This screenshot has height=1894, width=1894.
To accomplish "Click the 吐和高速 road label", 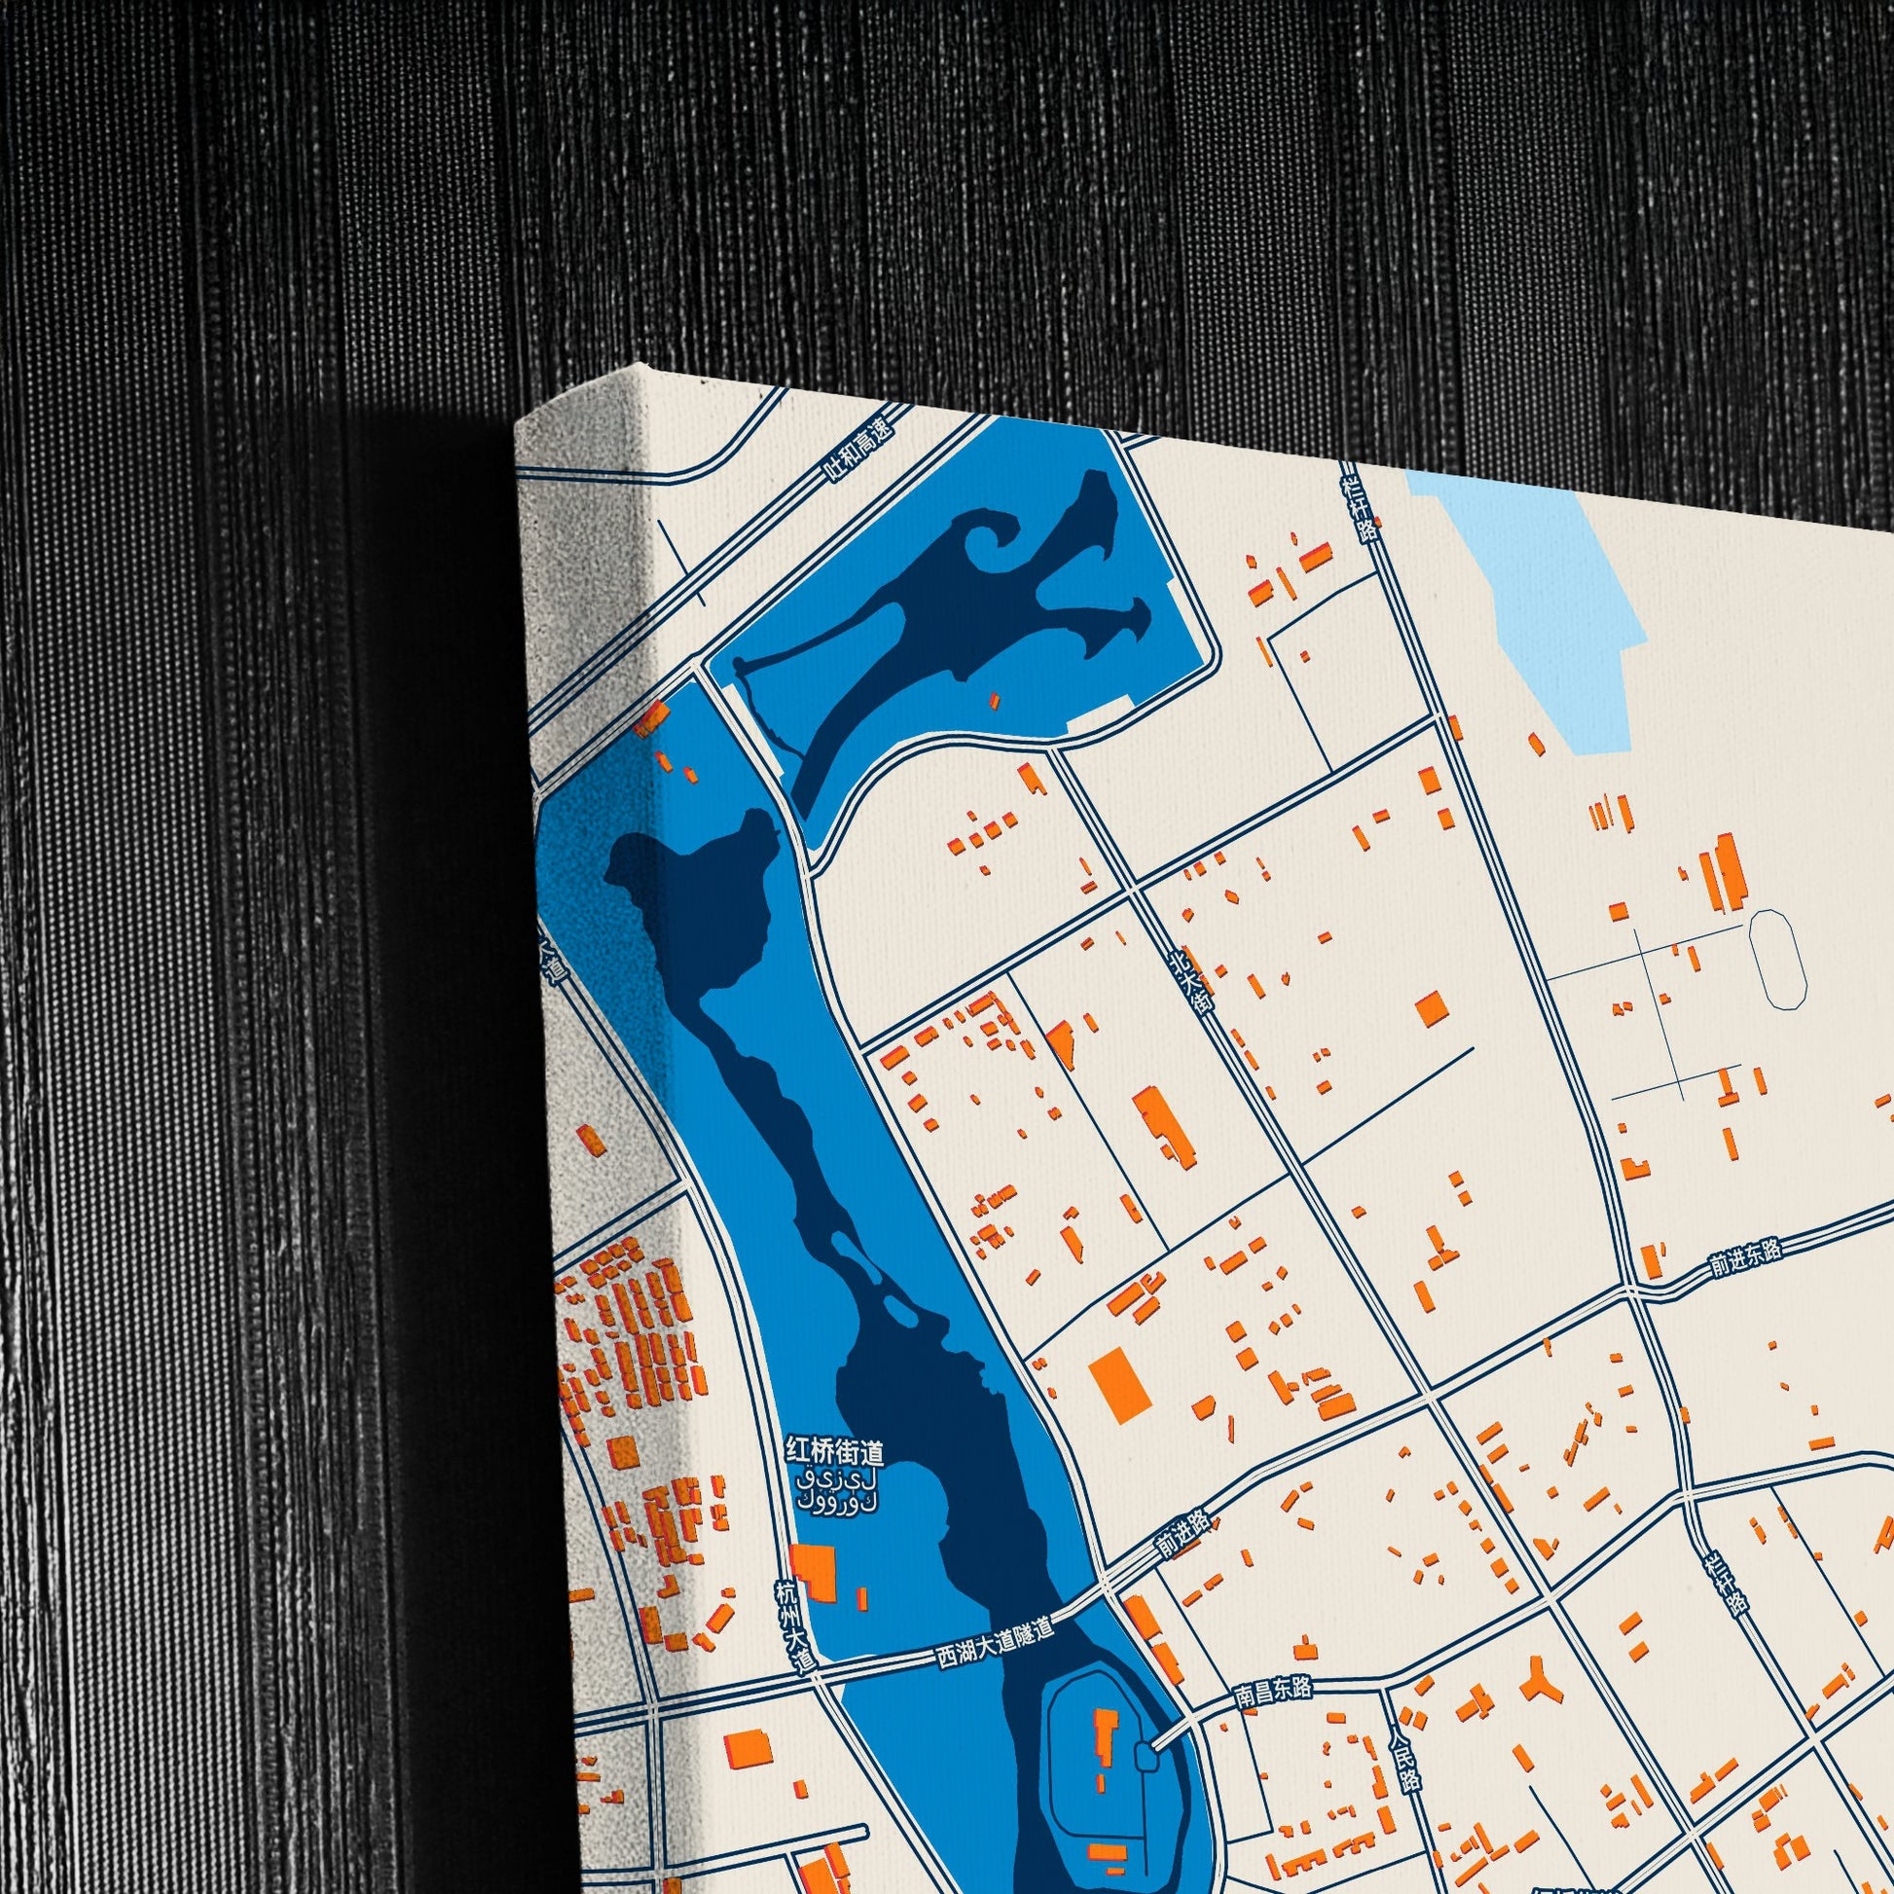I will (x=859, y=451).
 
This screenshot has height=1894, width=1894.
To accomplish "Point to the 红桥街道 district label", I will (x=834, y=1451).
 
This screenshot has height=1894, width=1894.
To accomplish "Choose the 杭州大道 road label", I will (x=793, y=1624).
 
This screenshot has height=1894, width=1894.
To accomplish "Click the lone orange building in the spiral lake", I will (x=994, y=701).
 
